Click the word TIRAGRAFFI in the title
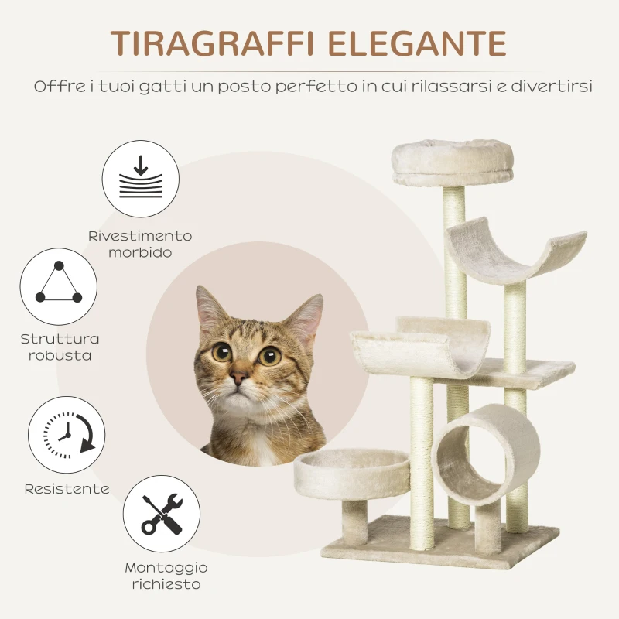210,44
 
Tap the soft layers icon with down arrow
141,179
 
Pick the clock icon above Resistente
67,433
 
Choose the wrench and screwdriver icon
162,514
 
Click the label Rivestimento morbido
140,244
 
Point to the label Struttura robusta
60,347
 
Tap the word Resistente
67,489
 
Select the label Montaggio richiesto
166,576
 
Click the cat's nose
239,378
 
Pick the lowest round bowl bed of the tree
352,473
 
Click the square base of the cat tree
441,541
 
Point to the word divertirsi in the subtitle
550,86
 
